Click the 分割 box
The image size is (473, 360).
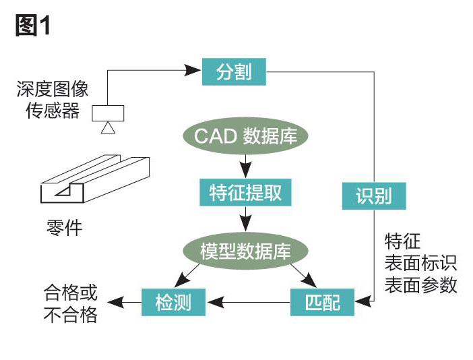pos(234,71)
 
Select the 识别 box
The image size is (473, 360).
pos(373,196)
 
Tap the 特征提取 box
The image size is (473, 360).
pos(245,193)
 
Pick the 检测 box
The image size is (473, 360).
pos(174,303)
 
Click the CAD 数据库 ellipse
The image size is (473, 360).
pos(245,136)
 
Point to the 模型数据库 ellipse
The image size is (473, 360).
pos(245,251)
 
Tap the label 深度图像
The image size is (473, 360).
pos(53,89)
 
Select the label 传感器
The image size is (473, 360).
pos(53,111)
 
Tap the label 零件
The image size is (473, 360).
pos(61,227)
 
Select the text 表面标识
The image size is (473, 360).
pos(420,263)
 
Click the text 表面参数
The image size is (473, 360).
pos(420,284)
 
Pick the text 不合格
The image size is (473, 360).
pos(70,314)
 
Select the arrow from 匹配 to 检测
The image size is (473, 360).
pos(249,303)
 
